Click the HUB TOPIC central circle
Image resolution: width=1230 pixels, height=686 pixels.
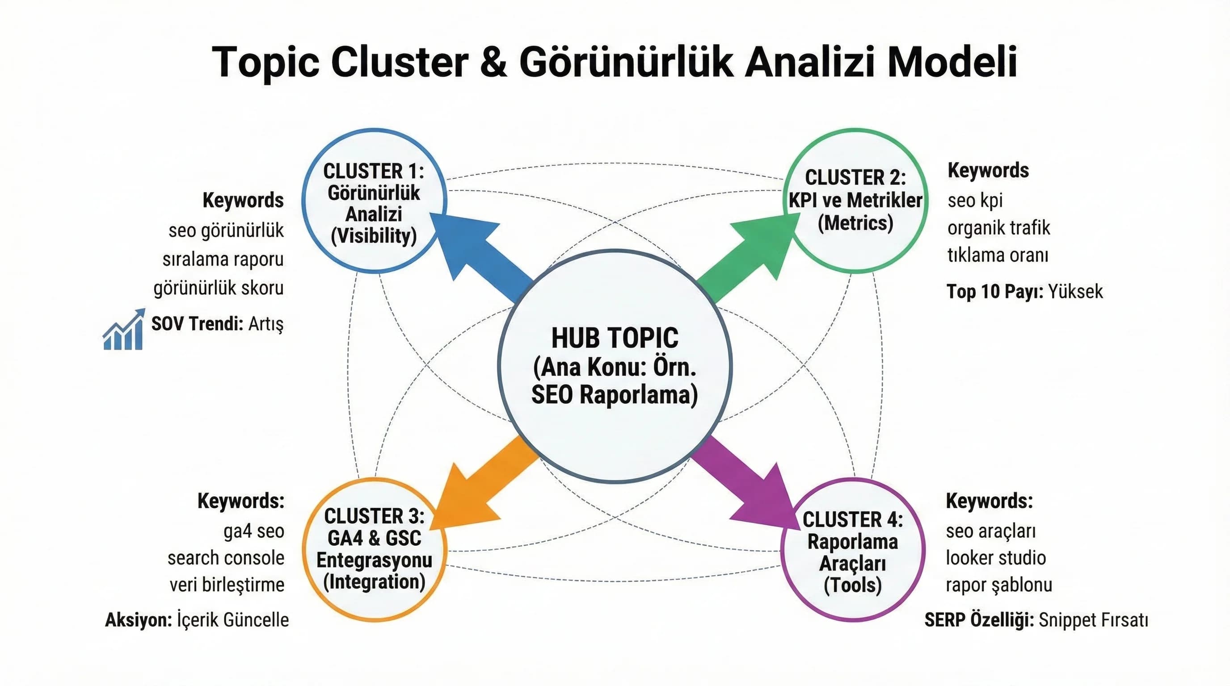pyautogui.click(x=615, y=366)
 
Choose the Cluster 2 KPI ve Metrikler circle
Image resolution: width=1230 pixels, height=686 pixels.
pyautogui.click(x=855, y=201)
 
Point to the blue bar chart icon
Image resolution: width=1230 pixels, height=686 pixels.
pyautogui.click(x=124, y=330)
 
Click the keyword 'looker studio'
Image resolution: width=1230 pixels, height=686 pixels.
pyautogui.click(x=995, y=558)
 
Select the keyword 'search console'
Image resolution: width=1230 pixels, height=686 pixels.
pyautogui.click(x=226, y=558)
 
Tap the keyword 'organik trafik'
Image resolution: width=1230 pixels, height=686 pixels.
pyautogui.click(x=998, y=228)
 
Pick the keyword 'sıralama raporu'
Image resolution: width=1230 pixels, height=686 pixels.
pyautogui.click(x=223, y=259)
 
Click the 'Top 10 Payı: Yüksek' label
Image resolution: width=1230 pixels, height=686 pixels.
pyautogui.click(x=1024, y=291)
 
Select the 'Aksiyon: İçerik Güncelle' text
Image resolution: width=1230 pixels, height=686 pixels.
pyautogui.click(x=197, y=620)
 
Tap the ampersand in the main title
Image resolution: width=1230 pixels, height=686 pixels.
pyautogui.click(x=493, y=62)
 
